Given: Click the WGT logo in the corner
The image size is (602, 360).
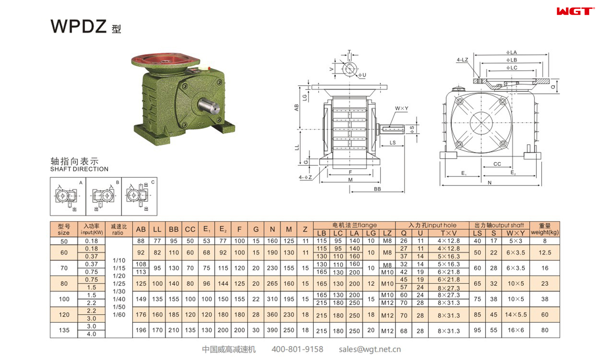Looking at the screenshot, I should (575, 11).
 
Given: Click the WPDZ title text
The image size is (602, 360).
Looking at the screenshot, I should (79, 26).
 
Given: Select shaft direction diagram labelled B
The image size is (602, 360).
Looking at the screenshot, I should (103, 196).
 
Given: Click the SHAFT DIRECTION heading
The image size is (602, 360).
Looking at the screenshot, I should (79, 169).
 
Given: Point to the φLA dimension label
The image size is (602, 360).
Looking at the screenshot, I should (511, 52).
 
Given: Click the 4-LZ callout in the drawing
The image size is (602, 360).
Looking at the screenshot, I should (462, 60).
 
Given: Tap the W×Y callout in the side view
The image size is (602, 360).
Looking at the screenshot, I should (401, 108).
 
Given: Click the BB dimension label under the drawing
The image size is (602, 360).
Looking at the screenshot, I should (377, 189).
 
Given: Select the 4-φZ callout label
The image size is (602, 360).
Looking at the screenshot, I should (305, 177).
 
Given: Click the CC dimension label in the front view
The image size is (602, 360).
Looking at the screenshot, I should (497, 164).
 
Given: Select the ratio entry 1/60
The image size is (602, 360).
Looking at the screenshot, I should (119, 315).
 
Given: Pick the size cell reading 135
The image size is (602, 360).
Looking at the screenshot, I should (64, 330).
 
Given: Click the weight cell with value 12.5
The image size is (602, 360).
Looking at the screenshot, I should (544, 253).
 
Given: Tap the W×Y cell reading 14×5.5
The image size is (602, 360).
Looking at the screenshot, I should (515, 315).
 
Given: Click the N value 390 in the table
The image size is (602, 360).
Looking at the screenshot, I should (272, 330).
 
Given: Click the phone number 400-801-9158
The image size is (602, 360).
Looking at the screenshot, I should (297, 349).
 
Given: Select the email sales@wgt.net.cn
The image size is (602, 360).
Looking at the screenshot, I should (369, 349).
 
